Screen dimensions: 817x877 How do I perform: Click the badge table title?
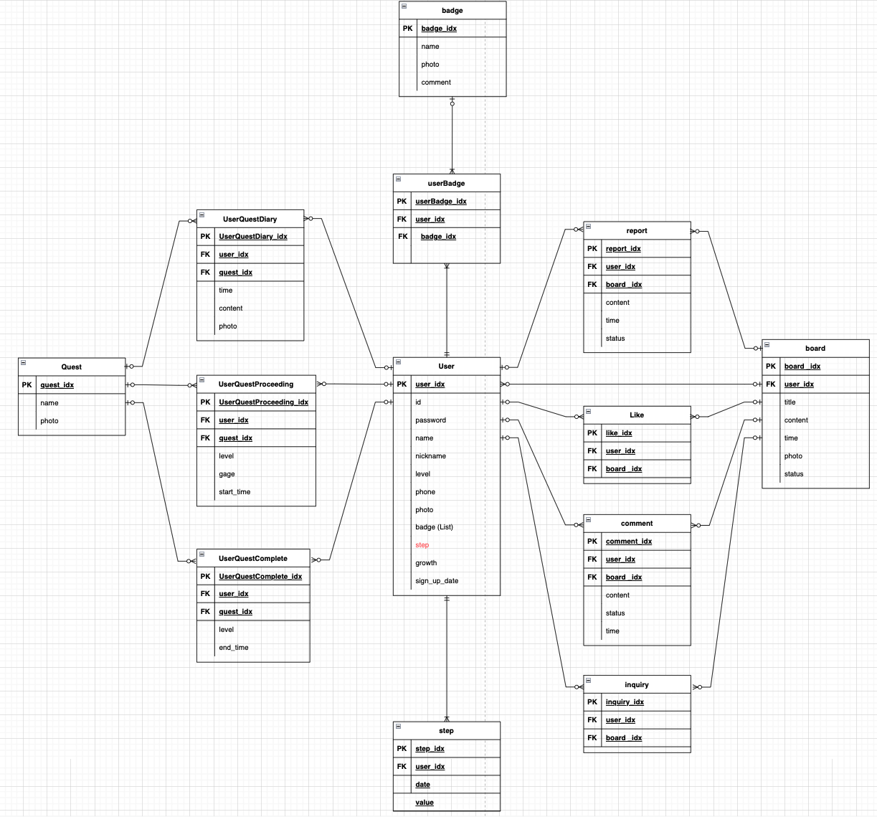point(452,11)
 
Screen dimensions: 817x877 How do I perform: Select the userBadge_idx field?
point(440,202)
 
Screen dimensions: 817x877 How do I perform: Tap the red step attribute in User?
point(422,545)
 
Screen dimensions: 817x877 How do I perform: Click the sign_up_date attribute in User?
point(436,581)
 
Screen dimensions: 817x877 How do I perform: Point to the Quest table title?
point(71,367)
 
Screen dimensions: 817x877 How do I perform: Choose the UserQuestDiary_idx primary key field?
point(252,237)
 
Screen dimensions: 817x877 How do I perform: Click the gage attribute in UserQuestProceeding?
point(227,474)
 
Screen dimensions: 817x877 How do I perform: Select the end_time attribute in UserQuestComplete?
point(233,648)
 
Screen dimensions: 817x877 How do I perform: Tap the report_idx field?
point(622,249)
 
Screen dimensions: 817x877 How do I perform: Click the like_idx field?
point(618,433)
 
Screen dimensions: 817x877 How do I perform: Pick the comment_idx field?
point(628,542)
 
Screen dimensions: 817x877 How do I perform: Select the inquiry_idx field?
point(624,702)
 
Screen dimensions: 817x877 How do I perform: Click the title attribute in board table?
point(790,402)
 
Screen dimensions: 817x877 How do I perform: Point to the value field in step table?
point(424,803)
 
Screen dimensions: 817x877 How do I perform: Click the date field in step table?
point(422,785)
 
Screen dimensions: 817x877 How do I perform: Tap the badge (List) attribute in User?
point(434,527)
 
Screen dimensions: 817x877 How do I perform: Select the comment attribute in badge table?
point(435,82)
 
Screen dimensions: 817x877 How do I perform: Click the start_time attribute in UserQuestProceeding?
point(234,492)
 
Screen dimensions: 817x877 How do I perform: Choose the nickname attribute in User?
point(430,456)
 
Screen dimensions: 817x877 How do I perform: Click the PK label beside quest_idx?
point(27,385)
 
